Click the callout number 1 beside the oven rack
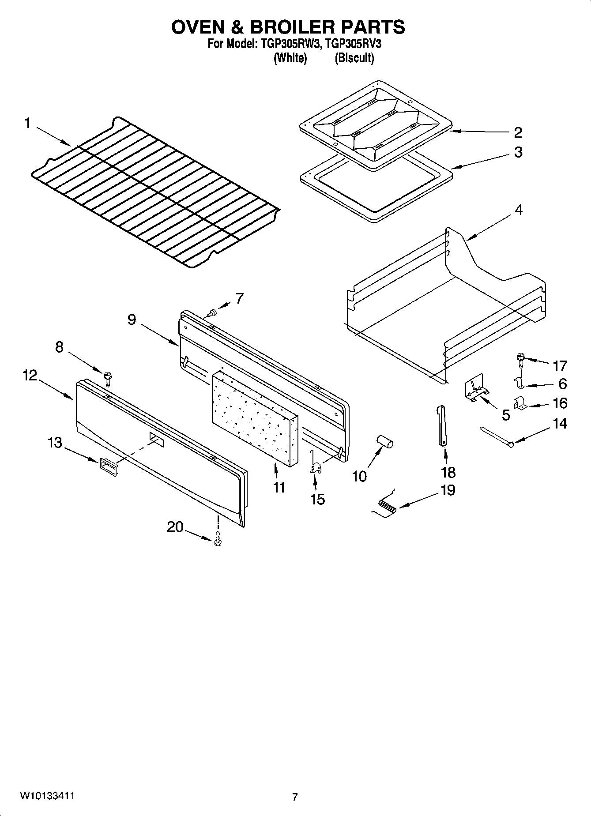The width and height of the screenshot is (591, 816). click(x=27, y=123)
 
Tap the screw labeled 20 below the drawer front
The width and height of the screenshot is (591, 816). click(x=217, y=539)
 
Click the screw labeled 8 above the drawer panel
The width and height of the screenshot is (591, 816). click(x=107, y=377)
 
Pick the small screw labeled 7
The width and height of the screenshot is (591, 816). click(x=212, y=313)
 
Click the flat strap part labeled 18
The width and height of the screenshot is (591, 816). click(x=442, y=426)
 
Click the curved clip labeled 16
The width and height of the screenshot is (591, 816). click(x=519, y=404)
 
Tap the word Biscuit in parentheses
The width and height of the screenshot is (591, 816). click(x=354, y=58)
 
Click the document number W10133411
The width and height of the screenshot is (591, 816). click(x=46, y=796)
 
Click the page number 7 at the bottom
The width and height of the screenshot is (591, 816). click(x=295, y=797)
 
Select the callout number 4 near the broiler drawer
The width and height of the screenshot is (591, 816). click(x=519, y=210)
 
